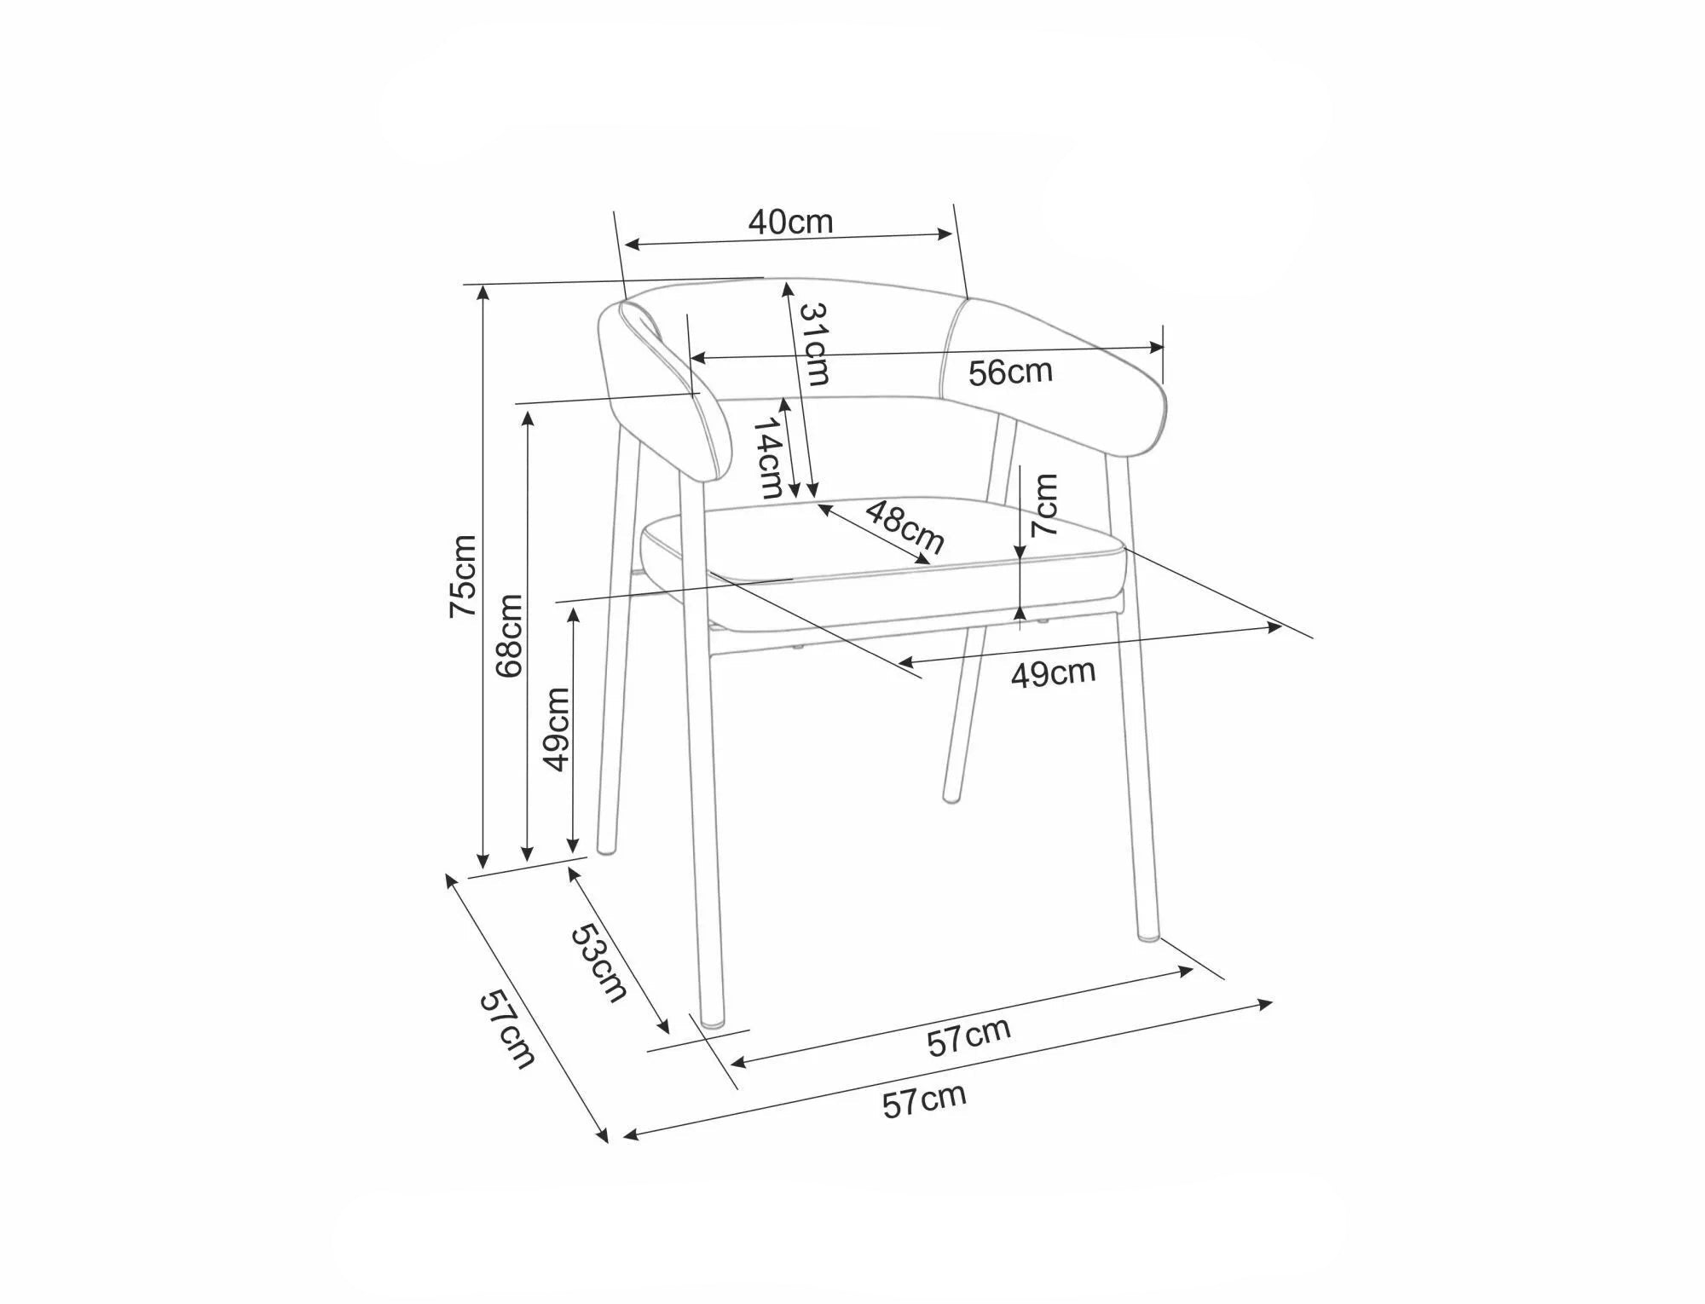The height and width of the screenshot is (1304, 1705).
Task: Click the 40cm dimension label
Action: [x=790, y=222]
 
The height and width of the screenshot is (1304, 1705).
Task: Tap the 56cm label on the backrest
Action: [x=1010, y=372]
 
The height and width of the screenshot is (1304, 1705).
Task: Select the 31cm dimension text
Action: [x=813, y=343]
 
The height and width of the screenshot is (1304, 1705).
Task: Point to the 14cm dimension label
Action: [x=770, y=457]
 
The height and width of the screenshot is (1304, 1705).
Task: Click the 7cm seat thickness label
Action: [x=1044, y=505]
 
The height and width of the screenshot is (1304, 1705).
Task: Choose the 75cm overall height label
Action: [x=463, y=575]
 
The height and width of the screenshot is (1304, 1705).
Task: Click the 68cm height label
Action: [x=509, y=636]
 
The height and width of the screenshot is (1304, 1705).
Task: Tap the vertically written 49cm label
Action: [x=557, y=729]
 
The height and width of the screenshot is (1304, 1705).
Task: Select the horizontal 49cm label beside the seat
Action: [x=1053, y=673]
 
